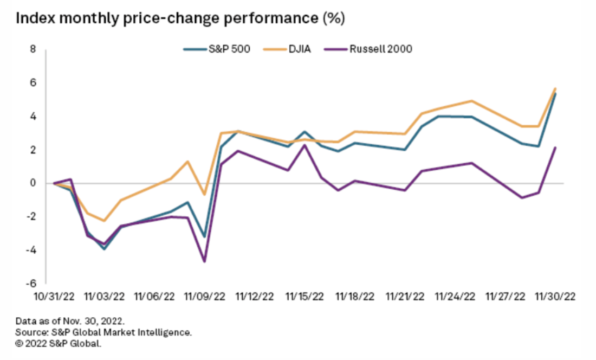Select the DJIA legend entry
point(297,49)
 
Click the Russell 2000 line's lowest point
point(204,262)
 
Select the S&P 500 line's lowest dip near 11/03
point(103,249)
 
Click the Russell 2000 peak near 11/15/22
point(305,145)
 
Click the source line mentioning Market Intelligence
point(103,332)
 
